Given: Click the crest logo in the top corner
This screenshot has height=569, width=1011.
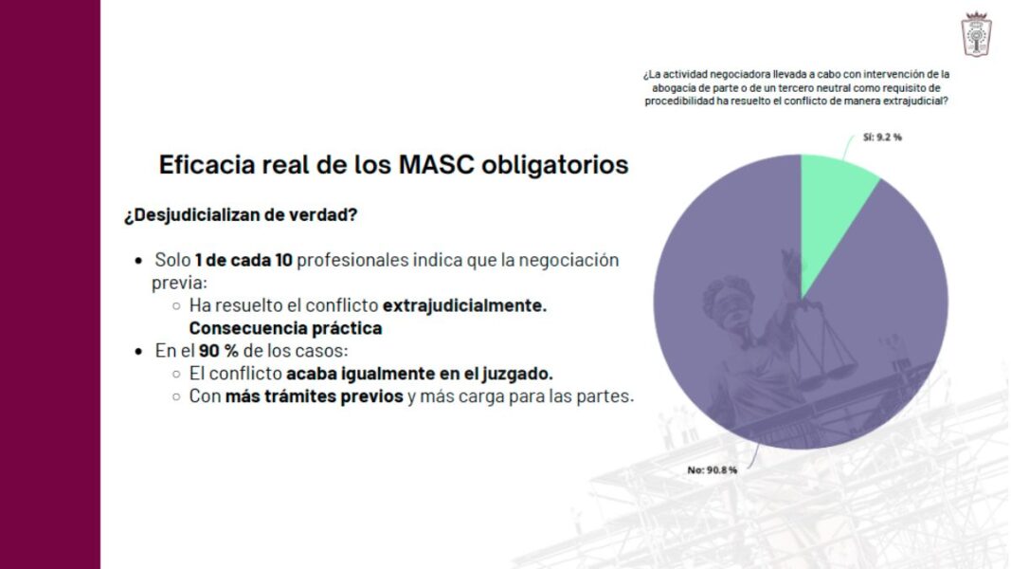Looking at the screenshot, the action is coord(976,35).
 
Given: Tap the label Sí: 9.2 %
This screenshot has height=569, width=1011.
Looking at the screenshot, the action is coord(882,138).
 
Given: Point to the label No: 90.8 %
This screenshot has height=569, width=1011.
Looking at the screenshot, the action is coord(712,469).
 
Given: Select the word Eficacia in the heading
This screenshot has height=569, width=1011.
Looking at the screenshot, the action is coord(207,164).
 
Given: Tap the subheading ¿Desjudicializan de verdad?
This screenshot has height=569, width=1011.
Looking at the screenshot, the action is coord(241,215).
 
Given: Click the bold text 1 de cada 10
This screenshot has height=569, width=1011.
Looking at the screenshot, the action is coord(244,260).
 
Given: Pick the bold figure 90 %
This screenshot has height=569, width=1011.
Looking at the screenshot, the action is coord(219,351).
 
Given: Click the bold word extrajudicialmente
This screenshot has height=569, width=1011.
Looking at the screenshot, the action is coord(464,305).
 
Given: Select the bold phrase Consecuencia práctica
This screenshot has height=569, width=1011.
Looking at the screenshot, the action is coord(285,328).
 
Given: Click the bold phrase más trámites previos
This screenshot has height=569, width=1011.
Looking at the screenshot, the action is coord(314,396).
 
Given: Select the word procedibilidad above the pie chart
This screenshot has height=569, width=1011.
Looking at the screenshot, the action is coord(679,101).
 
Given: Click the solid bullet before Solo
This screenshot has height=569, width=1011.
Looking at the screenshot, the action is coord(138,262).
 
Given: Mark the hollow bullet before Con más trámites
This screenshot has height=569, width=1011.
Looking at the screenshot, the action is coord(176,396).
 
